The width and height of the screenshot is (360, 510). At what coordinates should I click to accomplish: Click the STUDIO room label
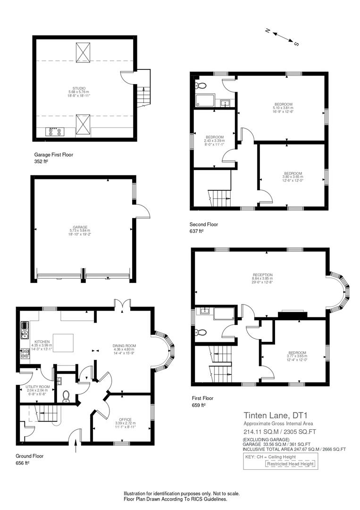79,88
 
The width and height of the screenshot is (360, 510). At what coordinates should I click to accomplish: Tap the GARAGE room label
80,227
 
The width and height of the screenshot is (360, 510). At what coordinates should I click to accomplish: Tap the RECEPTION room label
262,275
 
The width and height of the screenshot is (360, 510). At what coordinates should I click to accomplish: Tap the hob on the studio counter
54,132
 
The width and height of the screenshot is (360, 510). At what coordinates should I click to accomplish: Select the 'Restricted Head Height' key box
290,464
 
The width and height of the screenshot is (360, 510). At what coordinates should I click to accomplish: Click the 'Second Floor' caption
204,224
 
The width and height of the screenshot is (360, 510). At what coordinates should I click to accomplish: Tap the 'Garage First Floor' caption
54,154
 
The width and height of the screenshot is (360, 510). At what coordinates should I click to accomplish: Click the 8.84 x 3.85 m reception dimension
262,279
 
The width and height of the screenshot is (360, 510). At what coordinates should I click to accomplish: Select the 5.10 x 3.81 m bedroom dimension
283,108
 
